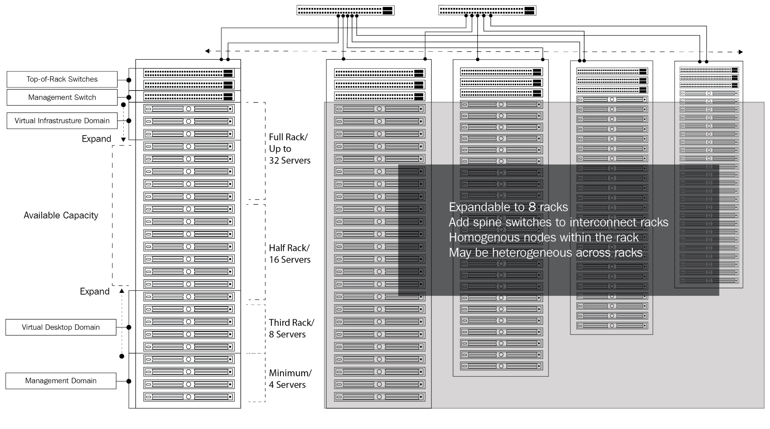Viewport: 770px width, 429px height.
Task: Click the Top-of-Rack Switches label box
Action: tap(62, 79)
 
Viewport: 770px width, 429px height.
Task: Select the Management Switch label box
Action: tap(62, 97)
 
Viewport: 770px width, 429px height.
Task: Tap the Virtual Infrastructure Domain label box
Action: tap(62, 121)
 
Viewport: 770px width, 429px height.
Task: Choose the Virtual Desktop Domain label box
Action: tap(61, 327)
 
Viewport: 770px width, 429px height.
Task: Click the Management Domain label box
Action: tap(61, 381)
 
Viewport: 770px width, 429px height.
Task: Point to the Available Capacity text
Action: tap(61, 215)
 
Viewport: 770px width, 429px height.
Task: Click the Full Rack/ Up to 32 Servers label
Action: tap(290, 149)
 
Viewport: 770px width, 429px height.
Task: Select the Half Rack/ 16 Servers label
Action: tap(290, 254)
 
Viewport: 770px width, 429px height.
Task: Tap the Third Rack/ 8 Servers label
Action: tap(292, 328)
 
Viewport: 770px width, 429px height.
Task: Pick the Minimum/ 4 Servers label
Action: tap(290, 379)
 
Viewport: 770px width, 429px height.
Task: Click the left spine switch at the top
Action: tap(346, 10)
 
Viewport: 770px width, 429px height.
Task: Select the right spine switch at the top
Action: tap(487, 10)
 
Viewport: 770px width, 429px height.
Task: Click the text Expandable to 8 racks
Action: tap(508, 207)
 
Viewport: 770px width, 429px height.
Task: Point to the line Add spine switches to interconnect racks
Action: tap(559, 222)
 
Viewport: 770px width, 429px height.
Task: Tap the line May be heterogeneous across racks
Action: tap(546, 253)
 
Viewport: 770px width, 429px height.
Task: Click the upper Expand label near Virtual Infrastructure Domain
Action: tap(96, 139)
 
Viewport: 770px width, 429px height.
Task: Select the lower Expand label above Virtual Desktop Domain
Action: tap(95, 292)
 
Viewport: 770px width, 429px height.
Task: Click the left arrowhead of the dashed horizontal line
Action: tap(208, 51)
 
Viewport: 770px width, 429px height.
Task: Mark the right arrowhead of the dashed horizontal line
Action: tap(740, 52)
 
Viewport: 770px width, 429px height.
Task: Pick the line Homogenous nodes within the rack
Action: tap(544, 238)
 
